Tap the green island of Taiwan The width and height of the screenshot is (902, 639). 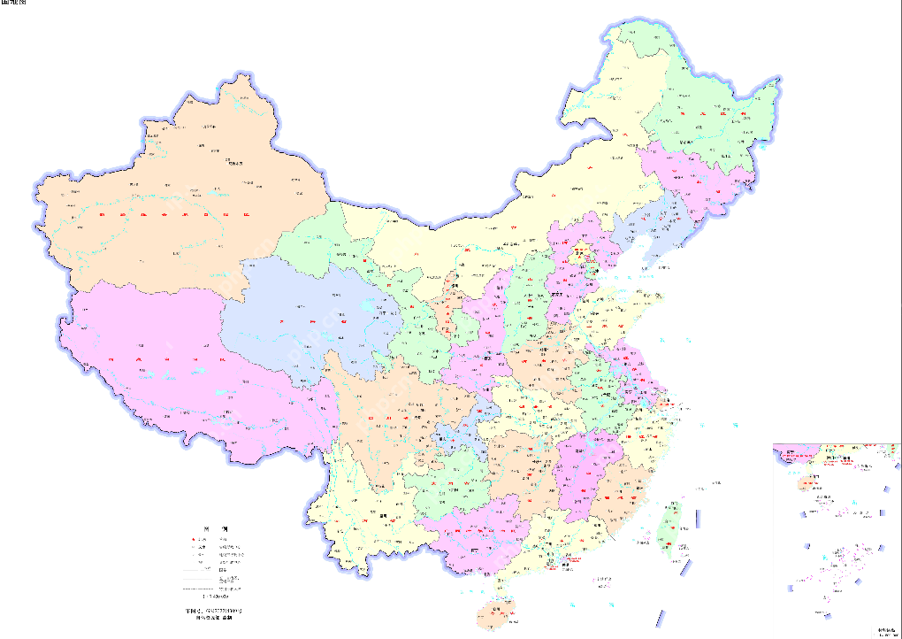(x=671, y=527)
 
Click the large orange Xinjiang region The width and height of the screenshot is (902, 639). (x=177, y=204)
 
